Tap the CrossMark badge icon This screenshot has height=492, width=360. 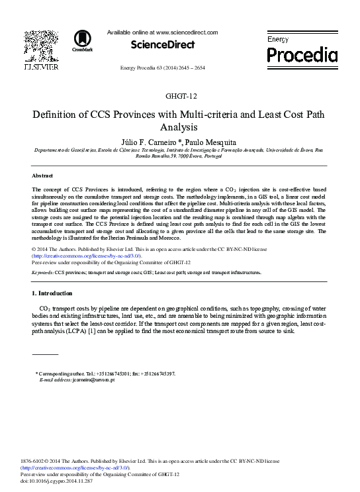[83, 40]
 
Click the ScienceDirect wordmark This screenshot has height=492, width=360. [163, 45]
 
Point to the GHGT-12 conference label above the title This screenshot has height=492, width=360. [180, 96]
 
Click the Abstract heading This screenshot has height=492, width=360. [43, 175]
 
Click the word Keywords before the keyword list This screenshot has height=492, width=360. [42, 272]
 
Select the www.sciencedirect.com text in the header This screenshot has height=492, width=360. [187, 32]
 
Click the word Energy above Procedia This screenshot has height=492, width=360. [278, 40]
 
